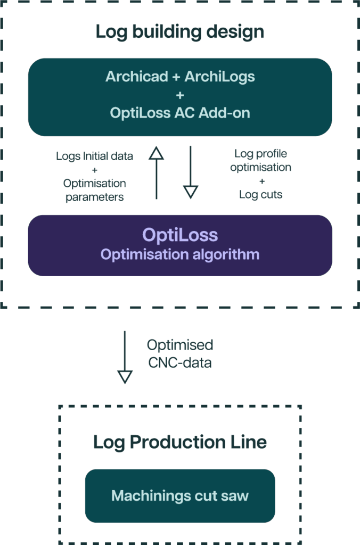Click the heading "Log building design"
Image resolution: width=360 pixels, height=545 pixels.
180,32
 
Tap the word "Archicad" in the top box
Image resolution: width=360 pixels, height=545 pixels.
136,77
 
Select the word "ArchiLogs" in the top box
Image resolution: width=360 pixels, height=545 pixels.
219,77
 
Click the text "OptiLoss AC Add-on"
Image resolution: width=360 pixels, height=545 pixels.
180,113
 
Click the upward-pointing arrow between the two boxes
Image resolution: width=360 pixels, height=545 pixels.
156,174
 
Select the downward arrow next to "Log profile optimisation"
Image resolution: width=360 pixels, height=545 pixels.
190,174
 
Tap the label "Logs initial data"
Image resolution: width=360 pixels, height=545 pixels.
95,156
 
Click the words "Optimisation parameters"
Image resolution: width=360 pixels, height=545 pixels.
95,190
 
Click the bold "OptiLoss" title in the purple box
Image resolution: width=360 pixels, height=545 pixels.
180,235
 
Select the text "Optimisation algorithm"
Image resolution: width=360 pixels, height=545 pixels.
180,254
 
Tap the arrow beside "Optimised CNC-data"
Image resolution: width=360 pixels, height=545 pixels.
125,357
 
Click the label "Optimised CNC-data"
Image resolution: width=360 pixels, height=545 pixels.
180,354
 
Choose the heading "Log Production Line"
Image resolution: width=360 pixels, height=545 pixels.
180,442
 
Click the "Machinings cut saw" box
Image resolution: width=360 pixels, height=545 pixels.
180,496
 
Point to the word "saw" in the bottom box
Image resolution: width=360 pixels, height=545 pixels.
237,496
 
